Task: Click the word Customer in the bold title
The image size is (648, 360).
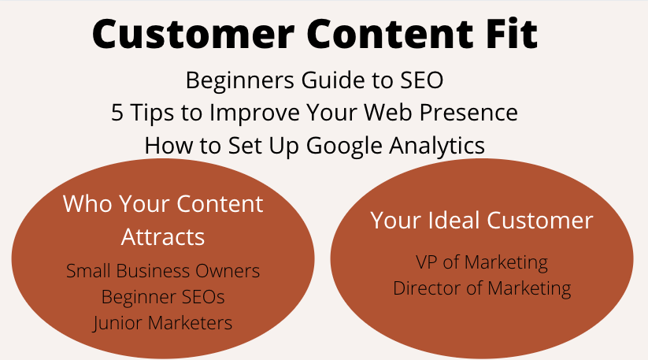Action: pos(193,34)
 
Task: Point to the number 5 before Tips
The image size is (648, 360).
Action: pos(117,113)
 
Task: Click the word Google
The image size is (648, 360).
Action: pos(344,147)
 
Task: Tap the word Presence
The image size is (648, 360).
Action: pos(468,113)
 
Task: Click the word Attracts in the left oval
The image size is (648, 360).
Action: pos(163,237)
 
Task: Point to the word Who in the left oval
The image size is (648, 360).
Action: pos(87,204)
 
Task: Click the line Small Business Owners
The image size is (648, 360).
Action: pos(163,271)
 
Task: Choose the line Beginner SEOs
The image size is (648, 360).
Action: pos(163,297)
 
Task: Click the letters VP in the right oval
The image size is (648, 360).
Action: pos(426,262)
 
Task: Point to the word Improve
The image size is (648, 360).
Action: pos(254,113)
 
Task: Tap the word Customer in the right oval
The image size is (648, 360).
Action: pos(540,221)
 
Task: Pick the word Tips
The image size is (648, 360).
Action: pos(152,113)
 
